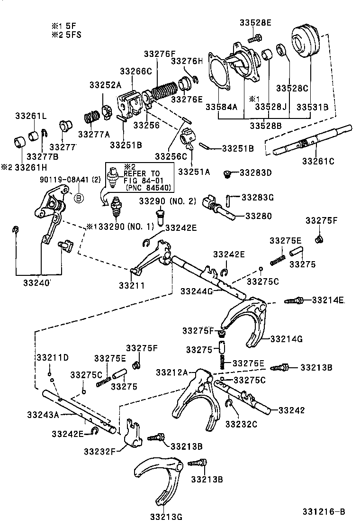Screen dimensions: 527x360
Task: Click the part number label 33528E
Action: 255,22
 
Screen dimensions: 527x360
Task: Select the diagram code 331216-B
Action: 324,512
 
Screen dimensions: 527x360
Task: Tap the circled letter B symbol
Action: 79,198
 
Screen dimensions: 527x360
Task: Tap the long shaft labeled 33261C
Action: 313,140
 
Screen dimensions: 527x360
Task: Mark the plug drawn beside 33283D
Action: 228,173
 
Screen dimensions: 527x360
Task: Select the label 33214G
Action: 286,339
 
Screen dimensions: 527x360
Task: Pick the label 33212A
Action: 171,373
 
